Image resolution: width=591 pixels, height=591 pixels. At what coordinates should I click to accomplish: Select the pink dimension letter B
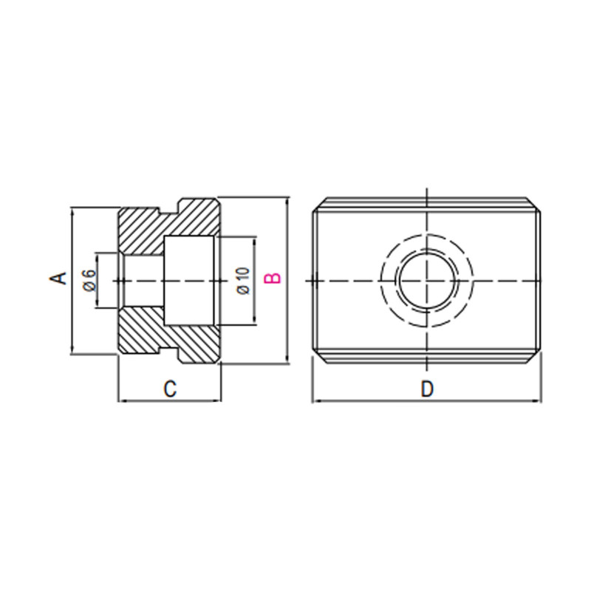(273, 279)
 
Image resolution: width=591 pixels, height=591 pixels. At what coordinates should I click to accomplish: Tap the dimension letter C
(169, 389)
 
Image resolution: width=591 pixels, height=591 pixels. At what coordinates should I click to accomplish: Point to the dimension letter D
(426, 389)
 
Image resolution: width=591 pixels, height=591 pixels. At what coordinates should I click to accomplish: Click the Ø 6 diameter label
(89, 281)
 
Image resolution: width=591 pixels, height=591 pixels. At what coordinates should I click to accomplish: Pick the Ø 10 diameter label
(244, 281)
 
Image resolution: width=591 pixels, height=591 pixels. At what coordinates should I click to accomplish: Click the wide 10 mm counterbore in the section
(189, 280)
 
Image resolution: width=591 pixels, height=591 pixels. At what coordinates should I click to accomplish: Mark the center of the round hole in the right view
(426, 281)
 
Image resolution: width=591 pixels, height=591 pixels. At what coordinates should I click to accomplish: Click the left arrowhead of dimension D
(315, 402)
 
